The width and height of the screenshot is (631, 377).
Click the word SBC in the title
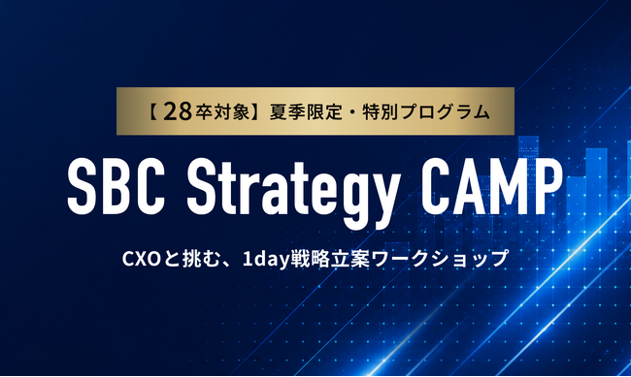click(x=116, y=186)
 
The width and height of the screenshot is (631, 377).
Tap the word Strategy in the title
click(x=294, y=193)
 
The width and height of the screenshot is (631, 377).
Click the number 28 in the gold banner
click(x=178, y=112)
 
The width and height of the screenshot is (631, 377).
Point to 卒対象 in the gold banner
click(x=223, y=112)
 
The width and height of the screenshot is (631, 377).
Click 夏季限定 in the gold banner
click(x=306, y=112)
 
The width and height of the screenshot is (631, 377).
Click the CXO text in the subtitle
click(x=142, y=260)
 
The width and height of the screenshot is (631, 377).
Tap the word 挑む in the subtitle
click(x=201, y=260)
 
